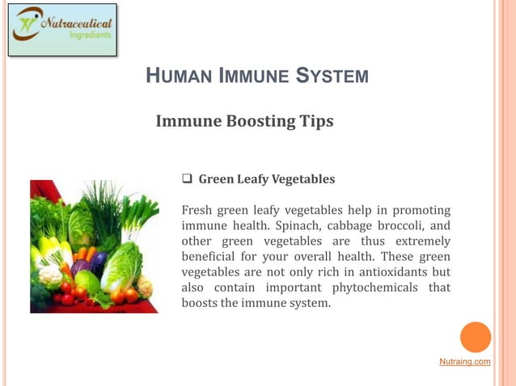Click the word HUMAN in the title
point(176,77)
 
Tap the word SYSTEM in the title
point(332,77)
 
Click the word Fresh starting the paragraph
point(199,210)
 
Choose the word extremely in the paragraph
point(424,241)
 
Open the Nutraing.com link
point(464,362)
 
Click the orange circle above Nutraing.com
point(476,337)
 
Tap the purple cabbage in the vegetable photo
point(82,267)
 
